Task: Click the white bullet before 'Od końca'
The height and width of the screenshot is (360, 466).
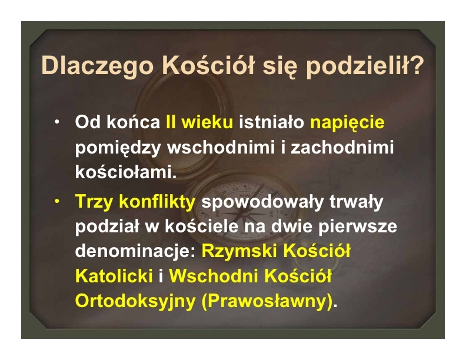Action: click(x=56, y=122)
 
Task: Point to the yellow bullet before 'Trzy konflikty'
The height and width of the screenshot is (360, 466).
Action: click(x=56, y=201)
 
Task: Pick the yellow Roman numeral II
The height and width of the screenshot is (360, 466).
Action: click(x=171, y=122)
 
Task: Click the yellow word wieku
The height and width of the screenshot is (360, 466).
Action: click(x=207, y=122)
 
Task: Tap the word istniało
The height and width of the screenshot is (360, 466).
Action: click(x=272, y=122)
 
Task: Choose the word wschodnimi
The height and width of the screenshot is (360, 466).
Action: click(x=221, y=146)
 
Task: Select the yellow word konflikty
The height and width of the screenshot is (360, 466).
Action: click(x=157, y=201)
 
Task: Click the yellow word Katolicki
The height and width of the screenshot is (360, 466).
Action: click(x=114, y=276)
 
